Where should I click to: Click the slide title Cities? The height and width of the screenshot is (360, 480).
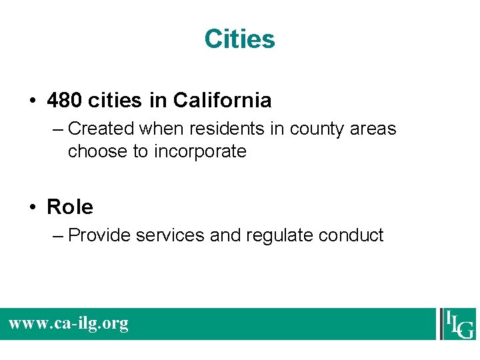(239, 39)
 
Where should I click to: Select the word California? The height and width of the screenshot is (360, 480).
(222, 101)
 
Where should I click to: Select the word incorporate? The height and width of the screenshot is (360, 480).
(200, 152)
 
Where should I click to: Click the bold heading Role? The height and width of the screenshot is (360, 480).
(70, 207)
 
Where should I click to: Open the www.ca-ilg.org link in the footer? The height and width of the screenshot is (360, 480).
(68, 324)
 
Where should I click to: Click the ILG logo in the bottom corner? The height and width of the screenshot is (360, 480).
(457, 324)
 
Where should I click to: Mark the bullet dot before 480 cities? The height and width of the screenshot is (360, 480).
(33, 101)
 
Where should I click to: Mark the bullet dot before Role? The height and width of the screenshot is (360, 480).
(33, 208)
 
